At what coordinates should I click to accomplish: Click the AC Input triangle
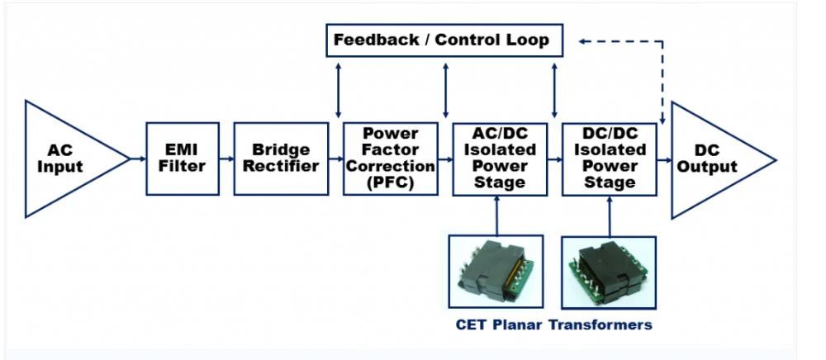coord(69,159)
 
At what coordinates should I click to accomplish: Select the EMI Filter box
coord(183,159)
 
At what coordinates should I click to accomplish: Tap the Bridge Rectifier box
coord(281,159)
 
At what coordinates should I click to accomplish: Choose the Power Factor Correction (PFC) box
coord(391,159)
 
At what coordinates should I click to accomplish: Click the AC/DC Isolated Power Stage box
coord(500,159)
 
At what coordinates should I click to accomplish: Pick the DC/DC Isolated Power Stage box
coord(610,159)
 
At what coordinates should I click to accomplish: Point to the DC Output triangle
coord(716,160)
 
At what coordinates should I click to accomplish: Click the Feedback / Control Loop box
coord(444,40)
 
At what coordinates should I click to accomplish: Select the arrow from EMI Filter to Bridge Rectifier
coord(226,159)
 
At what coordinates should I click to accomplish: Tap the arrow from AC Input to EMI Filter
coord(138,159)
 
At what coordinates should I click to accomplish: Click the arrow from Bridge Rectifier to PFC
coord(336,159)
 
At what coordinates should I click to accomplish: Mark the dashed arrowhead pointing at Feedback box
coord(582,41)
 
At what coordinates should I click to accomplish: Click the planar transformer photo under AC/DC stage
coord(496,271)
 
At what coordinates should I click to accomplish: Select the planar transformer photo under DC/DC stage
coord(609,272)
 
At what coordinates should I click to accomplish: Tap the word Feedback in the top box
coord(376,40)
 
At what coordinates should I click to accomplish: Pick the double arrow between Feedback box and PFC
coord(338,90)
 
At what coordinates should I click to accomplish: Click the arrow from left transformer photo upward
coord(496,216)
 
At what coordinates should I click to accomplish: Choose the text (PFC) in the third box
coord(391,182)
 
